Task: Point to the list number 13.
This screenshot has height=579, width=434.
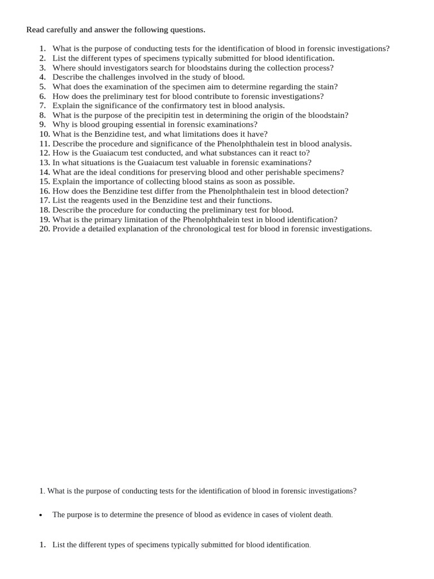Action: click(45, 162)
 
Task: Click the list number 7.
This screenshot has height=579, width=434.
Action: click(42, 105)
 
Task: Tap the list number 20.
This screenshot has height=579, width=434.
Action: click(45, 229)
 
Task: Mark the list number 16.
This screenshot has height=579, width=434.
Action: click(45, 191)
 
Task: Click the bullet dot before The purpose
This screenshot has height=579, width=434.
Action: click(41, 516)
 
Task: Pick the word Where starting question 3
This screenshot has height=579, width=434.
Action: click(63, 67)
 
